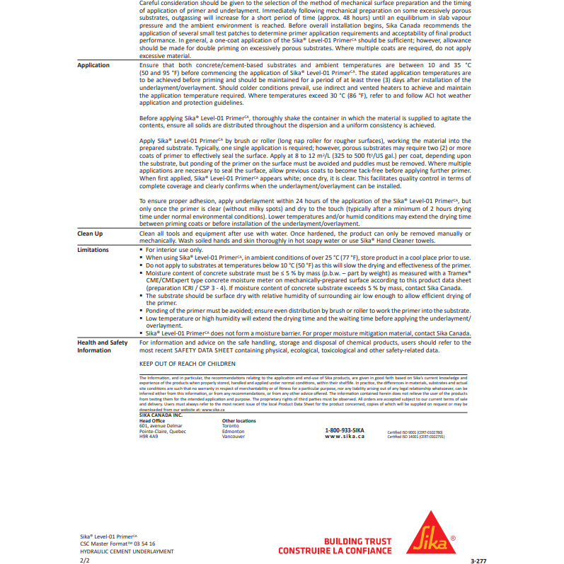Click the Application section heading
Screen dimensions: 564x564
[x=93, y=65]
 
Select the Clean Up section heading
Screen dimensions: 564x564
[x=90, y=233]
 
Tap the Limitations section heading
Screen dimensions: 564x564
[x=93, y=250]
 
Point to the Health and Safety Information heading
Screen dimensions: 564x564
[x=103, y=346]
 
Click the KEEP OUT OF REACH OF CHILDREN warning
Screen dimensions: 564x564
[x=187, y=364]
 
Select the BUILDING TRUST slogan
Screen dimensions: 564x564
[x=357, y=541]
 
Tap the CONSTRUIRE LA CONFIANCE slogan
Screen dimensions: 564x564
[x=334, y=551]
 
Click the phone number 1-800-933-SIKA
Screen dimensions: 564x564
[x=345, y=430]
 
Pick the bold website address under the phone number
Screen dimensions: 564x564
[x=345, y=437]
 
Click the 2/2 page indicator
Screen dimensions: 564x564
[x=85, y=559]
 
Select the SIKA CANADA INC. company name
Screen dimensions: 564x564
[x=161, y=415]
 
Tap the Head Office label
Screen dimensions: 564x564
[x=152, y=421]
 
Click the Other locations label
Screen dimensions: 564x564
[x=239, y=421]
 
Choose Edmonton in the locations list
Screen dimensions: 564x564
[x=233, y=431]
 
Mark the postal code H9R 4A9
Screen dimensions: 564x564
[x=149, y=437]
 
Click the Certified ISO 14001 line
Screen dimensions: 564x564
[x=416, y=437]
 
